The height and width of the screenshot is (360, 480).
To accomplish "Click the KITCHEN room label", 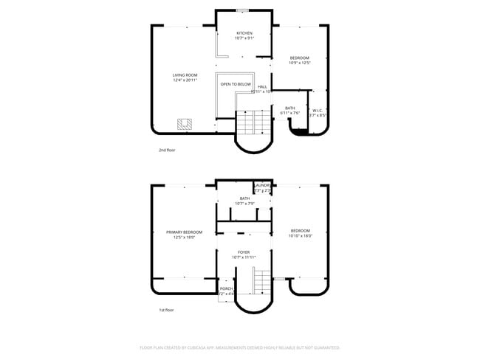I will (x=244, y=33).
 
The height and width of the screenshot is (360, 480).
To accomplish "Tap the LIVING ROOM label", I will (x=185, y=75).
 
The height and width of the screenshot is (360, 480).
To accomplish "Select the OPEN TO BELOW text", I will (x=236, y=84).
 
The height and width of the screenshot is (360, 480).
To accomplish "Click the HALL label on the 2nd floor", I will (x=262, y=86).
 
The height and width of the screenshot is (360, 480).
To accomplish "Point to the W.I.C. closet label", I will (x=317, y=110).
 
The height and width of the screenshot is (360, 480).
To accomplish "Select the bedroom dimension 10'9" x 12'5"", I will (x=299, y=63).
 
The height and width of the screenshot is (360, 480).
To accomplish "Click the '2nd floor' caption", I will (x=167, y=150).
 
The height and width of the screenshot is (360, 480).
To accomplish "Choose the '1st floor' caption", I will (x=167, y=310).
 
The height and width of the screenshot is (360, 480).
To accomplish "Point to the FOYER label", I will (x=244, y=252).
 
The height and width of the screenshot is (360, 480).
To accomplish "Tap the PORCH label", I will (x=226, y=288).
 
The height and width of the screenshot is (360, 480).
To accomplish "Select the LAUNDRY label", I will (x=263, y=185).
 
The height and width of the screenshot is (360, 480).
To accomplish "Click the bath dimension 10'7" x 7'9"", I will (x=244, y=203).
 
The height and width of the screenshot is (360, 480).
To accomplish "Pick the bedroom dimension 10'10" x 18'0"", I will (x=300, y=236).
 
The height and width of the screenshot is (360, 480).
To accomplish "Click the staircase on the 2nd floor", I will (x=252, y=122).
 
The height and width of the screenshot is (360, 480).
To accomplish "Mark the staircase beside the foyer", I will (x=263, y=280).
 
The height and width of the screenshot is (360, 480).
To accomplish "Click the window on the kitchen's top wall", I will (x=243, y=10).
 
